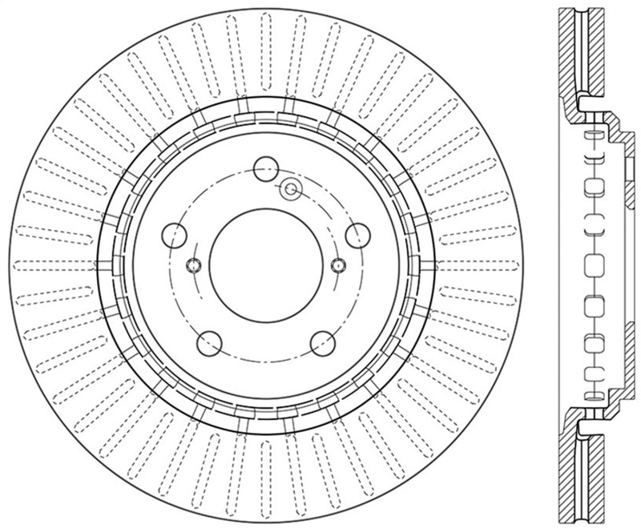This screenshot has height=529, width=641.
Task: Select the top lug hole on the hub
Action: point(264,169)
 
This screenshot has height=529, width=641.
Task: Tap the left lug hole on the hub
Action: point(174,235)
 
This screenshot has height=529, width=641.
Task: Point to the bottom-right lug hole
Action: point(321,343)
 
